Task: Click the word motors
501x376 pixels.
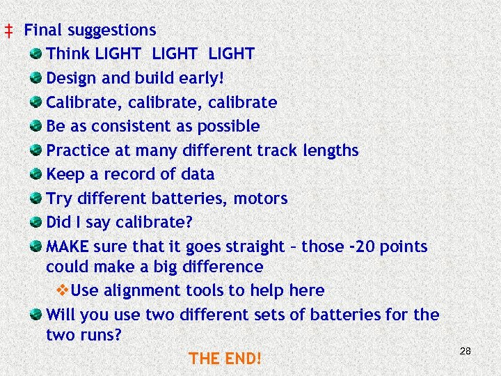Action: click(260, 198)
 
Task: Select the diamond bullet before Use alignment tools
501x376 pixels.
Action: click(61, 290)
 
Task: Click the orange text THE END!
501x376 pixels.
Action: click(225, 359)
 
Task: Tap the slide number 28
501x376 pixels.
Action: click(466, 351)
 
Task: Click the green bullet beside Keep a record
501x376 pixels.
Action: click(35, 174)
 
